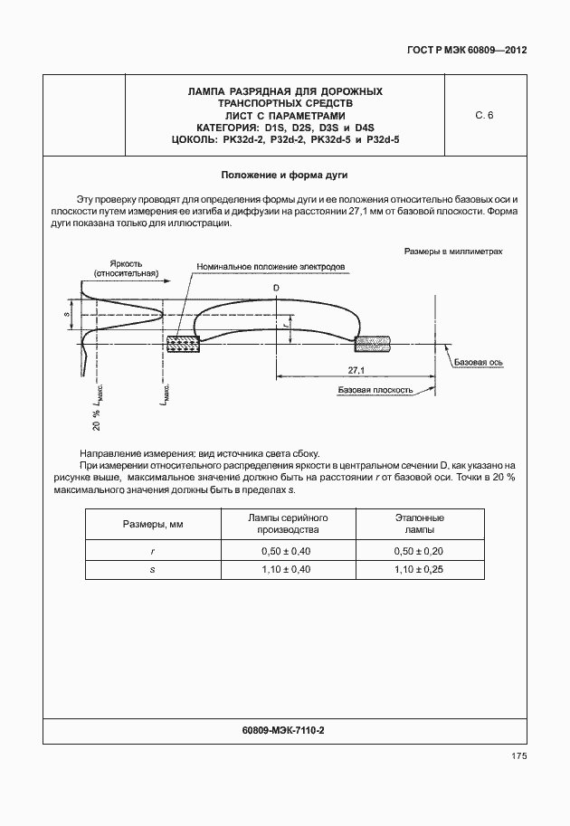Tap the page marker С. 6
[483, 116]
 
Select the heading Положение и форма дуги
[285, 174]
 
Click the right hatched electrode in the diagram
[374, 344]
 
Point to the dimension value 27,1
[356, 371]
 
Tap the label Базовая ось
[479, 361]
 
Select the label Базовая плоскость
[375, 391]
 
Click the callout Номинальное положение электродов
[270, 268]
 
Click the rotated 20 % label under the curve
[96, 420]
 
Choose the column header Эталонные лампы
[419, 524]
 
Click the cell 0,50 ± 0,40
[286, 550]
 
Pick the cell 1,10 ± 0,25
[419, 570]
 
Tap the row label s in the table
[153, 570]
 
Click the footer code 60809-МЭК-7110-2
[284, 729]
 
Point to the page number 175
[518, 756]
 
